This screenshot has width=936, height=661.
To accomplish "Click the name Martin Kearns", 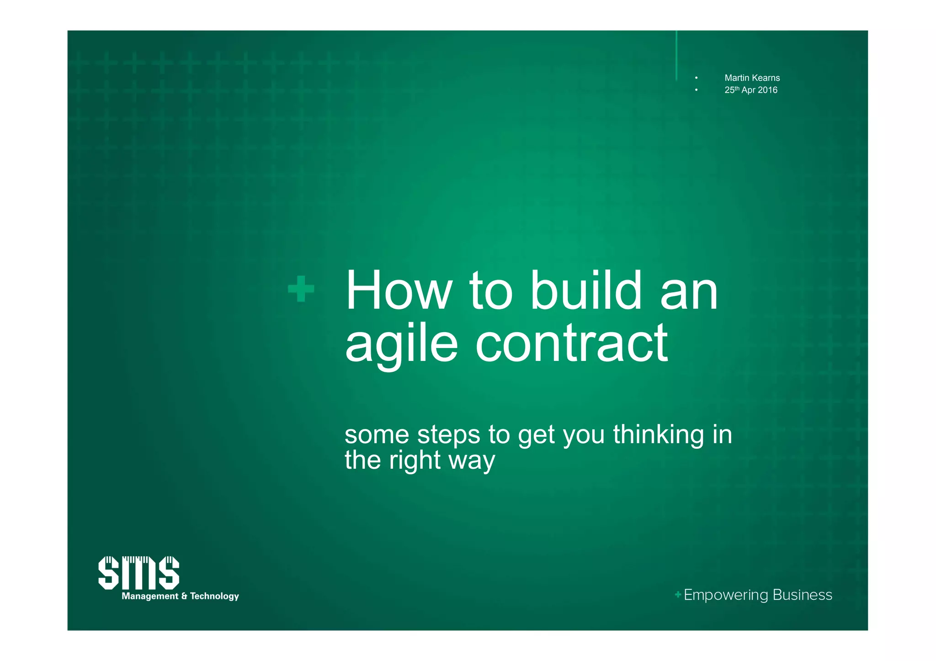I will tap(752, 78).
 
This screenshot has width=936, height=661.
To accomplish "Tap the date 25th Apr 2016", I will tap(750, 90).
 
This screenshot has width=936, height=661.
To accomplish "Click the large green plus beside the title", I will tap(301, 289).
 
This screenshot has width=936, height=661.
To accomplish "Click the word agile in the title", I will tap(401, 344).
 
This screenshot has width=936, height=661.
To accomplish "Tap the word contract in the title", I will tap(571, 344).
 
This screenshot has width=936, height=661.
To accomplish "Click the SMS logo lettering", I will tap(138, 573).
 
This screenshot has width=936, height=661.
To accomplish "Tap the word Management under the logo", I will tap(150, 596).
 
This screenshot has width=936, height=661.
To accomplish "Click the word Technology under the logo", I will tap(214, 596).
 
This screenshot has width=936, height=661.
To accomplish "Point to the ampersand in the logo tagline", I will tap(184, 596).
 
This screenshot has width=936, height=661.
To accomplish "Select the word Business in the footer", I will tap(802, 595).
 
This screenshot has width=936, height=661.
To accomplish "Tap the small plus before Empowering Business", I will tap(678, 594).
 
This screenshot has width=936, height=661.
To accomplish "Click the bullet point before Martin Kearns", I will tap(696, 78).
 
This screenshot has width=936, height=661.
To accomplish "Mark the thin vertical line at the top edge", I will tap(676, 55).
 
